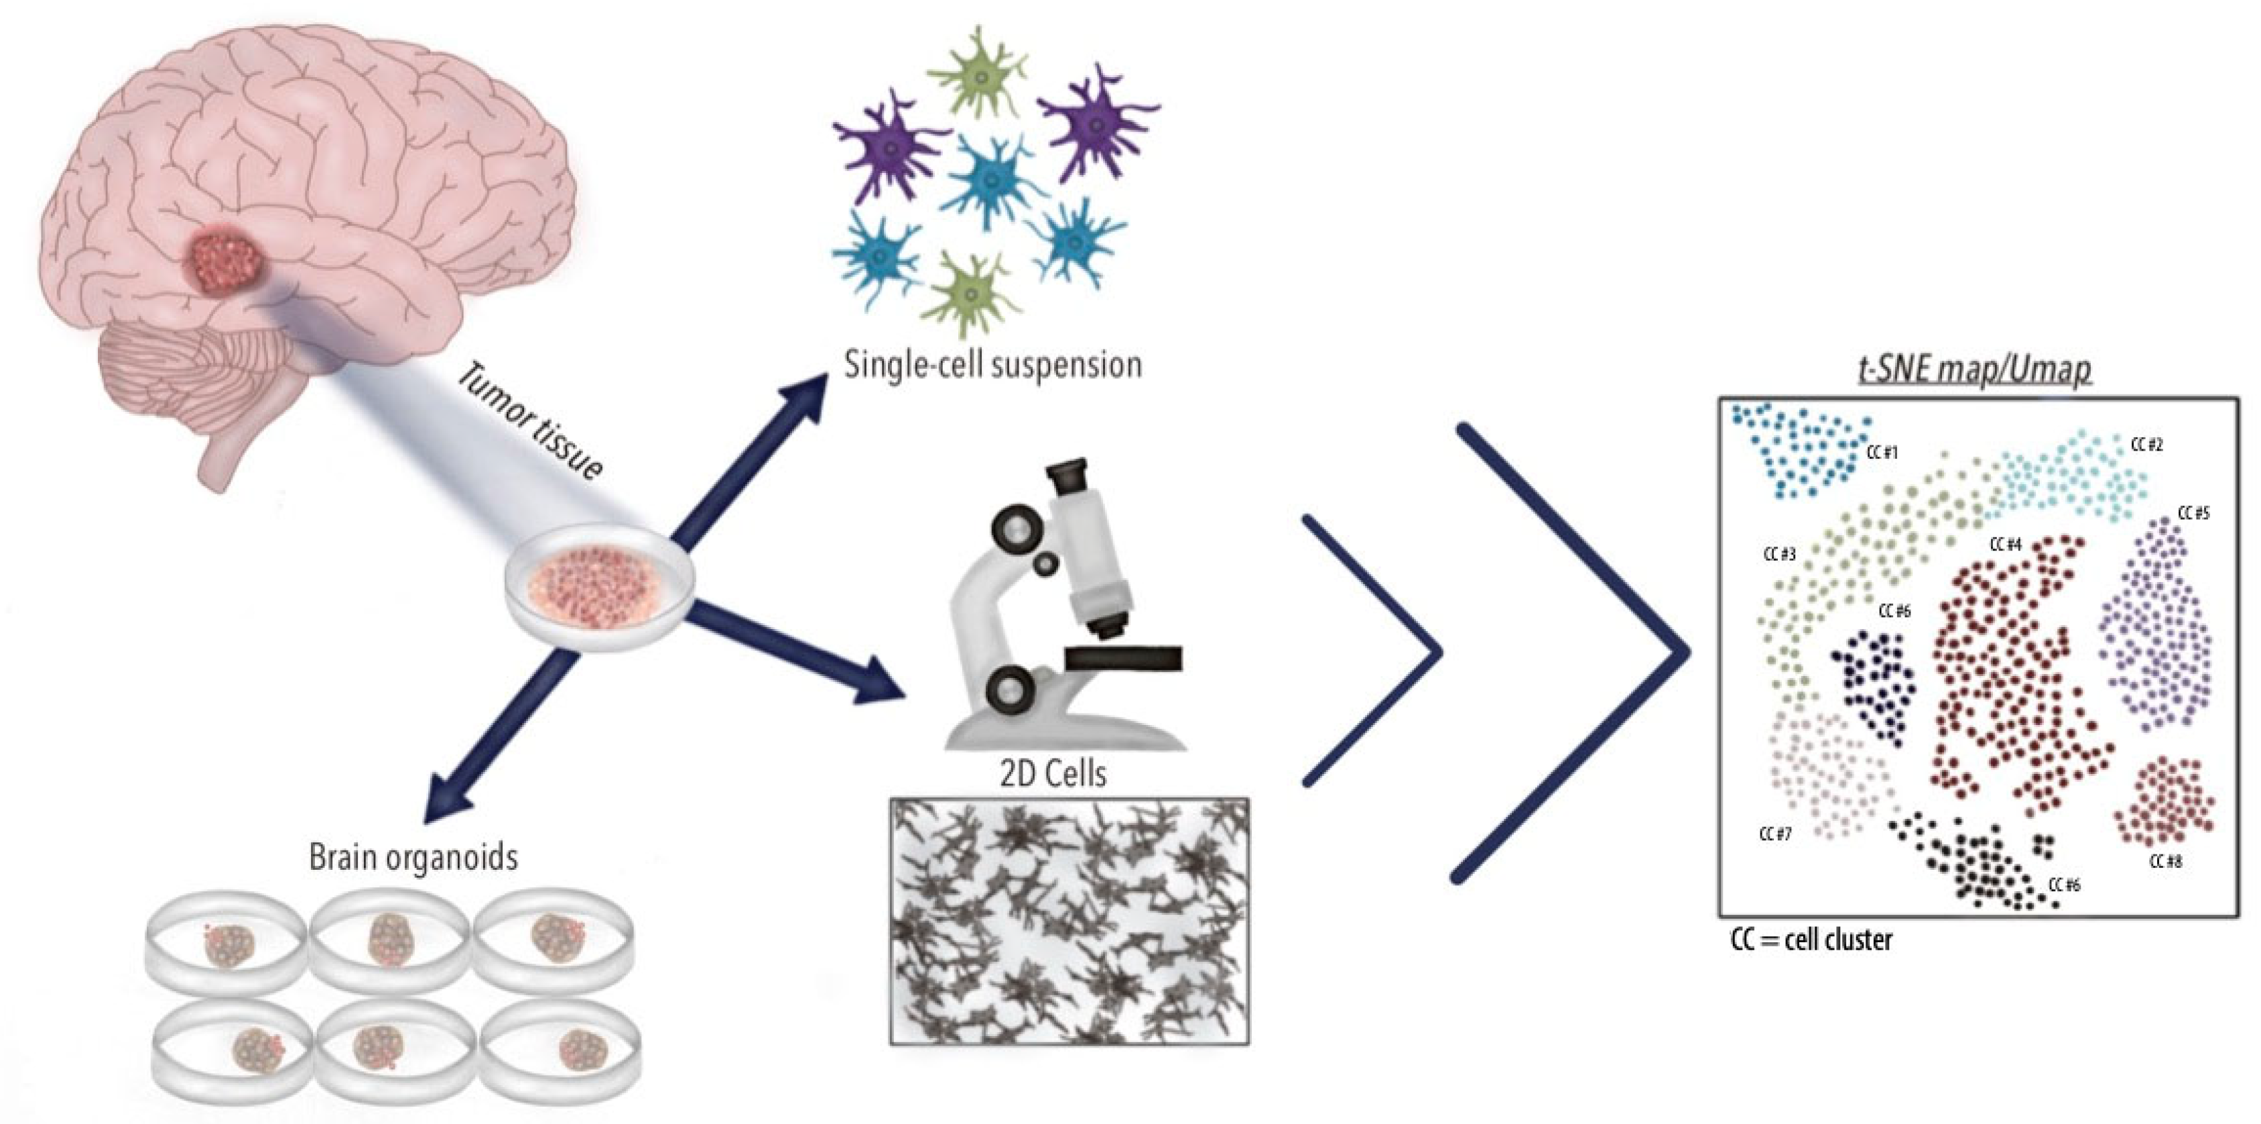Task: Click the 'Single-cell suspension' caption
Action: click(992, 364)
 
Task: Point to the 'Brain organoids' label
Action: click(413, 857)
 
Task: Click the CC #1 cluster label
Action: click(1882, 453)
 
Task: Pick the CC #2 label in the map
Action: click(2147, 445)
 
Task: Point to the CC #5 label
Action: click(2193, 514)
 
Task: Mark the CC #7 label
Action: click(1774, 834)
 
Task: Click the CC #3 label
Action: click(1779, 555)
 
